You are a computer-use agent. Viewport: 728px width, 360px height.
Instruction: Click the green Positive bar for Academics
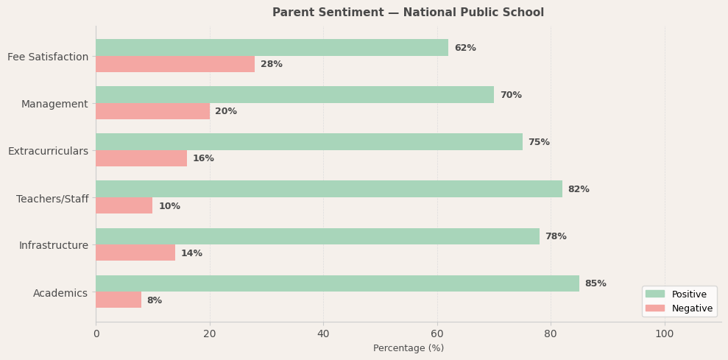[x=337, y=283]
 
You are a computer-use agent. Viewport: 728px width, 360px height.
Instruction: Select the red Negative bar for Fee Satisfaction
[x=175, y=64]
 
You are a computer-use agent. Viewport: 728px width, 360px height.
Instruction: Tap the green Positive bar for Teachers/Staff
[x=329, y=189]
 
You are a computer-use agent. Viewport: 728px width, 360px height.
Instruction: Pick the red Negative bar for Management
[x=152, y=111]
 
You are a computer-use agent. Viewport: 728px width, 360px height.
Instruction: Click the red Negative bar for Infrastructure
[x=135, y=253]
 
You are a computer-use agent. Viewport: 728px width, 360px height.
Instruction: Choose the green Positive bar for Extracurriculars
[x=309, y=142]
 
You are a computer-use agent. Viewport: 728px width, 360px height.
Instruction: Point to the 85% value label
[x=596, y=283]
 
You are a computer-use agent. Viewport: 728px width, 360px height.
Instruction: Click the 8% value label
[x=155, y=300]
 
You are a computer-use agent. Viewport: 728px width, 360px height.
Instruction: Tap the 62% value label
[x=465, y=48]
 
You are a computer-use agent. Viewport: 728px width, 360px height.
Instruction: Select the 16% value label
[x=203, y=158]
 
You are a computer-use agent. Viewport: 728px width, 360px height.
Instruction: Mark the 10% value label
[x=169, y=206]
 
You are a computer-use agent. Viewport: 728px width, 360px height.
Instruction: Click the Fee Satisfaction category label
[x=48, y=57]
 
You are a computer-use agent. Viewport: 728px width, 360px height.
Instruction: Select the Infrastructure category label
[x=54, y=245]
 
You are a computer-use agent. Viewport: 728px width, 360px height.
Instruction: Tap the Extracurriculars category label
[x=48, y=151]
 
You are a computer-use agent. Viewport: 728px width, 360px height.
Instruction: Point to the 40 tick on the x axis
[x=323, y=333]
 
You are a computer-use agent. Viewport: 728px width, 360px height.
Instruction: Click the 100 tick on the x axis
[x=665, y=333]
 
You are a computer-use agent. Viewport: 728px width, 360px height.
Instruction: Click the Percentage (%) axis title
[x=409, y=348]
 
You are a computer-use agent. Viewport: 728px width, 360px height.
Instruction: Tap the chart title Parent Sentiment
[x=409, y=13]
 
